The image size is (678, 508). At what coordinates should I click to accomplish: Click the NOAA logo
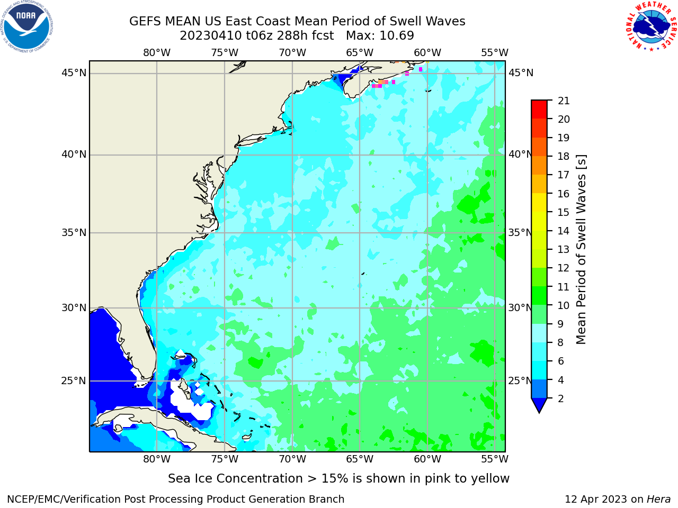[27, 26]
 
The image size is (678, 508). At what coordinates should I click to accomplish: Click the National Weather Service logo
[651, 26]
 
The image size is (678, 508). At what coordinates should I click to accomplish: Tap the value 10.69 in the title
[397, 36]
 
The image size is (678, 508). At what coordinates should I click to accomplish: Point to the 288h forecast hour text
[290, 36]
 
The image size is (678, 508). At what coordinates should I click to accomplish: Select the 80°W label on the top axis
[157, 53]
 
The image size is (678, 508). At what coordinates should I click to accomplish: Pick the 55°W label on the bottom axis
[495, 459]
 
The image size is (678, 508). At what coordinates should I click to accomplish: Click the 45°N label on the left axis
[74, 73]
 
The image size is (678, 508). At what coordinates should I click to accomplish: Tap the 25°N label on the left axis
[74, 381]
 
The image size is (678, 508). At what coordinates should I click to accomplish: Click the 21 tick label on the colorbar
[564, 101]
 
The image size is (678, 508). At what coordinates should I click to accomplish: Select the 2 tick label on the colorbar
[560, 398]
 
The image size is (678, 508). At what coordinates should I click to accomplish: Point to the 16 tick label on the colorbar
[564, 194]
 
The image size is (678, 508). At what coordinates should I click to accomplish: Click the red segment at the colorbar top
[539, 110]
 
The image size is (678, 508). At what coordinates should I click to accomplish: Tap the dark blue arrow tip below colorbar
[539, 412]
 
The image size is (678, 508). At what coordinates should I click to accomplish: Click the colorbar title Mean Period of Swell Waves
[581, 250]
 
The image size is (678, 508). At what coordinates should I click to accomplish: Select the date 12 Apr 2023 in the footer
[596, 499]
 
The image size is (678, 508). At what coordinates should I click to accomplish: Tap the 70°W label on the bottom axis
[292, 459]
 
